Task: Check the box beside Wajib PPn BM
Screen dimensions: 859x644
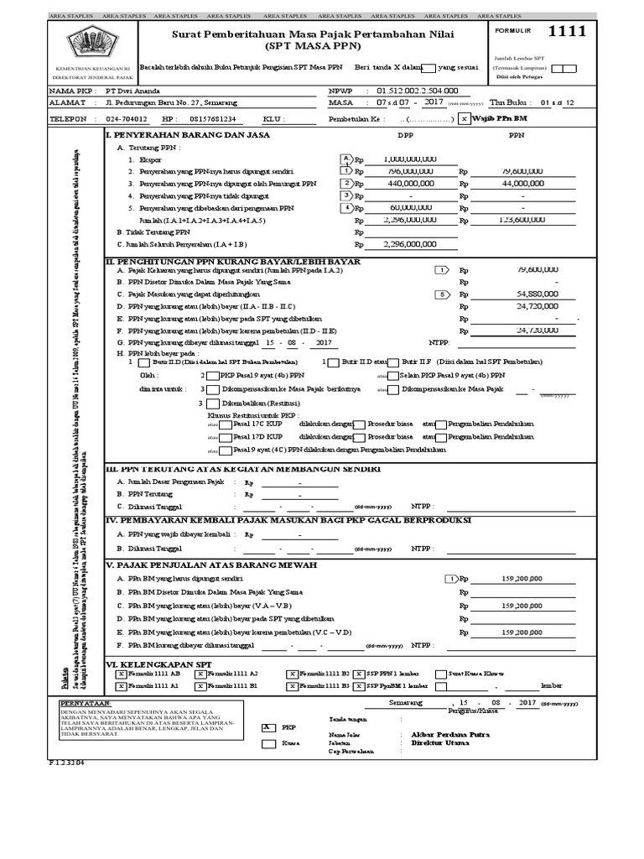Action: pyautogui.click(x=464, y=119)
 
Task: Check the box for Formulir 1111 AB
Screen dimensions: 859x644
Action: pyautogui.click(x=121, y=673)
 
